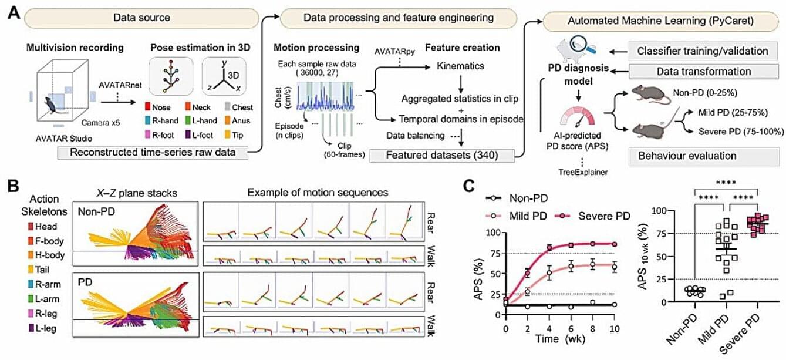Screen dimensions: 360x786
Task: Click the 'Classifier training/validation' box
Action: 703,51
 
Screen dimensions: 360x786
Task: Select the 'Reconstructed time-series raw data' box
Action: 153,153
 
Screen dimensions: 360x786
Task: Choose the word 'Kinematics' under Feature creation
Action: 460,66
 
